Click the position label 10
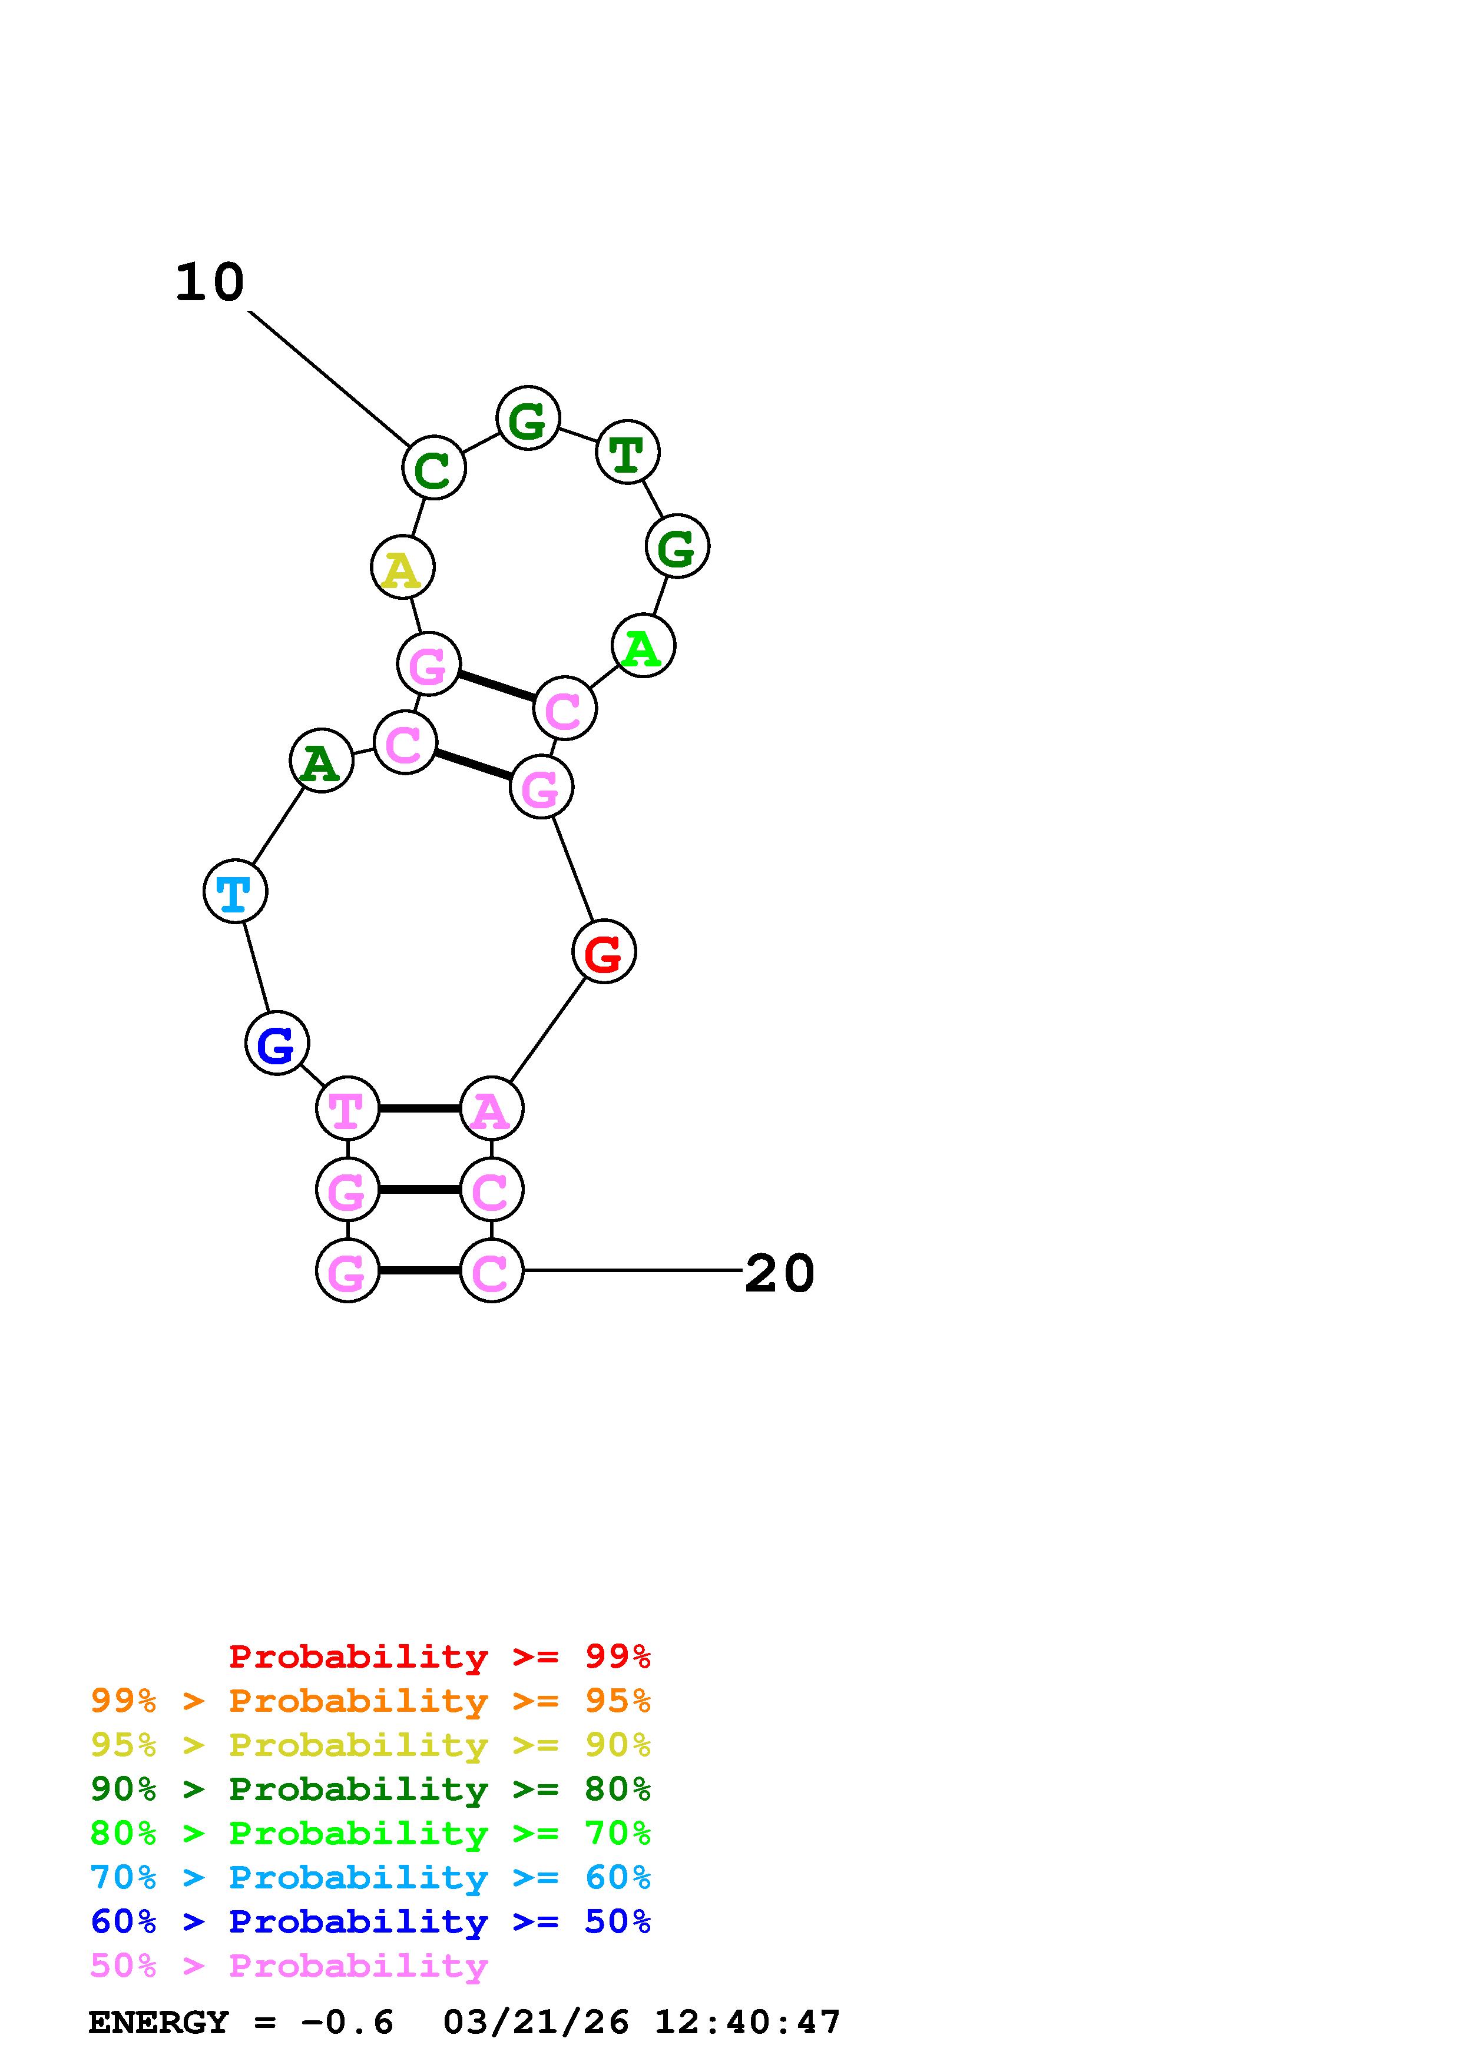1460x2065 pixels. coord(210,283)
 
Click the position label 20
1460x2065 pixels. coord(779,1273)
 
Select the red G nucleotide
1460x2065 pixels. coord(604,951)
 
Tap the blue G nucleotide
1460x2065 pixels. coord(277,1043)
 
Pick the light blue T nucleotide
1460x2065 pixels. coord(236,891)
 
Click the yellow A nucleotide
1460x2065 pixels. coord(403,567)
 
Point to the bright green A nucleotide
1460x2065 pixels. coord(643,647)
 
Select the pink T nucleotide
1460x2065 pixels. coord(348,1109)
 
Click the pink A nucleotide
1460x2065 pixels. coord(491,1109)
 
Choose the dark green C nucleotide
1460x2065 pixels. coord(433,469)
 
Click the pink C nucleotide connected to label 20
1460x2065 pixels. coord(491,1271)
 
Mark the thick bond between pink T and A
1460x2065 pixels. coord(419,1109)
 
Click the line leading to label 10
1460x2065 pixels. coord(329,378)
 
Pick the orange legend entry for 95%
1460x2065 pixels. coord(370,1701)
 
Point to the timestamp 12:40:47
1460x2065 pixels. coord(747,2023)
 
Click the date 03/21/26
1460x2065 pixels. coord(536,2023)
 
